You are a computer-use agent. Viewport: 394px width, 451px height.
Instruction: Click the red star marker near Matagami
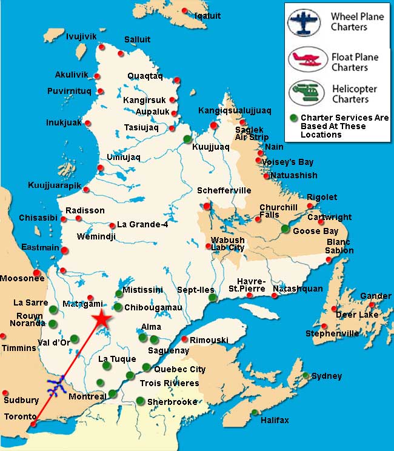coord(102,319)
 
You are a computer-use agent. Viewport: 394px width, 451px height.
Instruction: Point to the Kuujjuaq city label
coord(210,147)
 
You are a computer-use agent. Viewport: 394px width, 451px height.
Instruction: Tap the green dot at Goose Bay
coord(285,229)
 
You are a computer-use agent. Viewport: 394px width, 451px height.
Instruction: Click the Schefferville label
coord(224,190)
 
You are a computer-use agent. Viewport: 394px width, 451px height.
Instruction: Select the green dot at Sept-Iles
coord(212,298)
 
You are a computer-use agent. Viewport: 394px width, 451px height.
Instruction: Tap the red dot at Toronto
coord(33,424)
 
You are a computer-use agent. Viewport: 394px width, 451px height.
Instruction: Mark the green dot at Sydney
coord(307,375)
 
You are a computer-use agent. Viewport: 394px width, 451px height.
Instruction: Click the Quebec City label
coord(180,369)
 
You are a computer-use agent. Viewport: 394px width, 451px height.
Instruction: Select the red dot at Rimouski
coord(185,339)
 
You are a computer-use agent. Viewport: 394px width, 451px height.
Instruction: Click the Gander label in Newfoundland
coord(376,296)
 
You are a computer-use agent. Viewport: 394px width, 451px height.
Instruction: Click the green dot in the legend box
coord(293,118)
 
